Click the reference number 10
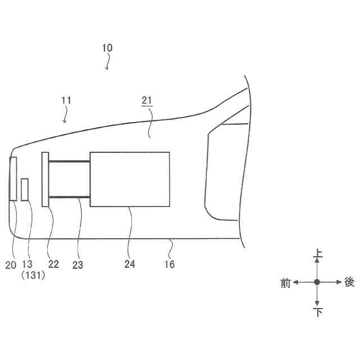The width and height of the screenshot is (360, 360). pyautogui.click(x=107, y=48)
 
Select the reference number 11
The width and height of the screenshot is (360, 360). pyautogui.click(x=66, y=100)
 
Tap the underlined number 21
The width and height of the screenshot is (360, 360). pyautogui.click(x=147, y=100)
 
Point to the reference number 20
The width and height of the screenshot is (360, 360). pyautogui.click(x=11, y=265)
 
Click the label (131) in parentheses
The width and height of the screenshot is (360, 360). pyautogui.click(x=33, y=275)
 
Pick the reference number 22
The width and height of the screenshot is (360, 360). pyautogui.click(x=53, y=264)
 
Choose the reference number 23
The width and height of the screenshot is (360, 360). pyautogui.click(x=78, y=265)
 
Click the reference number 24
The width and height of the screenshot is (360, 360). pyautogui.click(x=130, y=264)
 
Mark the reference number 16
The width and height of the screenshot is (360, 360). pyautogui.click(x=169, y=264)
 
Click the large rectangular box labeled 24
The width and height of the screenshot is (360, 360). pyautogui.click(x=130, y=179)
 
